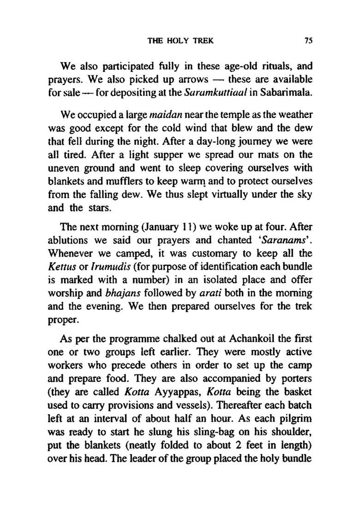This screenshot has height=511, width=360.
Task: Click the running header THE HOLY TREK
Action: [x=180, y=40]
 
